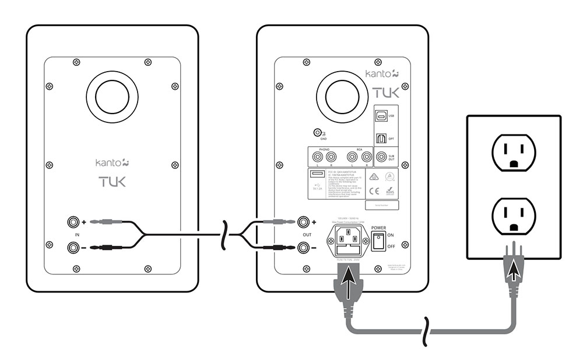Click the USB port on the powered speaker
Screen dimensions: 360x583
pyautogui.click(x=381, y=117)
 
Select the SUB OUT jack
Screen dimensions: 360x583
pyautogui.click(x=381, y=157)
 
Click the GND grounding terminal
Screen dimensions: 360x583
pyautogui.click(x=318, y=133)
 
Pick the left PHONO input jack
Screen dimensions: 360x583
pyautogui.click(x=318, y=157)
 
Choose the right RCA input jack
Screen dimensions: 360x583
pyautogui.click(x=366, y=157)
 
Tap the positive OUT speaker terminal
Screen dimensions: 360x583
pyautogui.click(x=303, y=222)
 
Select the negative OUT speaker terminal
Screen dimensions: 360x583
pyautogui.click(x=303, y=248)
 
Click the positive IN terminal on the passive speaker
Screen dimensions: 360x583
pyautogui.click(x=73, y=222)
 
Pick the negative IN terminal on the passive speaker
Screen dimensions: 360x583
pyautogui.click(x=73, y=248)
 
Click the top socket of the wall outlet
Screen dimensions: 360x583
pyautogui.click(x=513, y=151)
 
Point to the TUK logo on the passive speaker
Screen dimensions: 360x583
pyautogui.click(x=111, y=182)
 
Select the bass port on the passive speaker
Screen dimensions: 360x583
pyautogui.click(x=112, y=97)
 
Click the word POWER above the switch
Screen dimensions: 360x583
pyautogui.click(x=382, y=228)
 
